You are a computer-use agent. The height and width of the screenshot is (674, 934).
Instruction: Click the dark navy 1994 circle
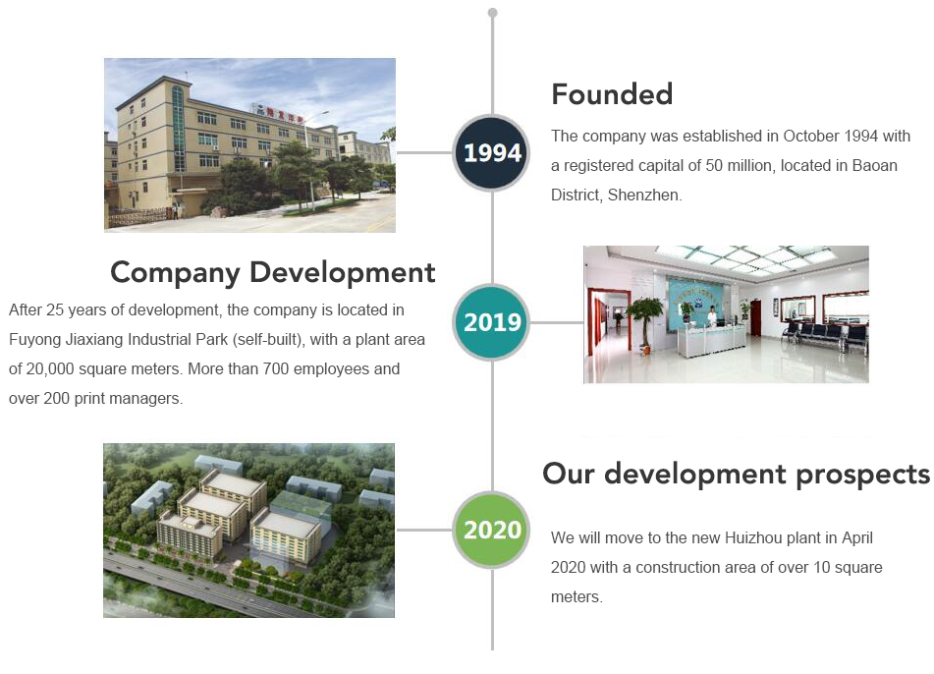[491, 152]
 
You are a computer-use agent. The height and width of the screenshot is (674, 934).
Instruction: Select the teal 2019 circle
[491, 322]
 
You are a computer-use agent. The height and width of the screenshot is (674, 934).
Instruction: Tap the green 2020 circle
[491, 530]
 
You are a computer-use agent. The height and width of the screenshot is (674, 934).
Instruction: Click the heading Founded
[612, 94]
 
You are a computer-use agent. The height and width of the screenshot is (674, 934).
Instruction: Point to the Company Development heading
[273, 273]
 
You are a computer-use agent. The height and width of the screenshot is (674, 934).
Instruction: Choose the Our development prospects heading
[737, 475]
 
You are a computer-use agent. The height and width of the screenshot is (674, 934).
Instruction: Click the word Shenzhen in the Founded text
[644, 195]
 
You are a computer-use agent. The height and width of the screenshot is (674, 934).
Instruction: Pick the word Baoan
[874, 165]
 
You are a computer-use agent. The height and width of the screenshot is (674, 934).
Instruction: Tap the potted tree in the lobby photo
[644, 324]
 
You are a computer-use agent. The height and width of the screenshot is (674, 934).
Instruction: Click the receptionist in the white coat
[712, 315]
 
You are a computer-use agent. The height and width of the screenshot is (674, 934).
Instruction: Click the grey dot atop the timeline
[492, 13]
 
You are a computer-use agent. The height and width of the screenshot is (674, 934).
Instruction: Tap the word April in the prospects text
[857, 537]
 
